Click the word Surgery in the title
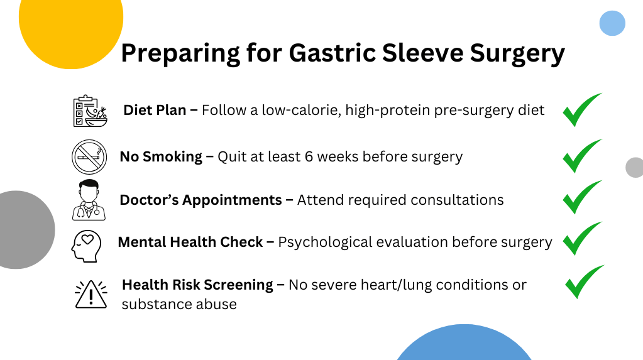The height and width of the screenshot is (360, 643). pos(517,54)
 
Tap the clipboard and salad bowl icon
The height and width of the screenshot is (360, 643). pos(91,111)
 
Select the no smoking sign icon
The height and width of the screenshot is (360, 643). pos(89,157)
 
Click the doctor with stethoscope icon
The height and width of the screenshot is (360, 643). pos(89,200)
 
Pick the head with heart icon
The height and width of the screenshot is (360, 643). pos(87,246)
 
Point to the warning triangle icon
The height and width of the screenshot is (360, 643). pos(91,294)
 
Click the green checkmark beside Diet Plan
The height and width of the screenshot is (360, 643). pos(582,110)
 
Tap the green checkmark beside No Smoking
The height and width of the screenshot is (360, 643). pos(582,156)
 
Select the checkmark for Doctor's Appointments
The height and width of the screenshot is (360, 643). pos(582,197)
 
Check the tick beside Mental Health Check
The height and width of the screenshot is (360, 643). pos(582,239)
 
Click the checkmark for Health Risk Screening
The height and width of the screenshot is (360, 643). pos(585,282)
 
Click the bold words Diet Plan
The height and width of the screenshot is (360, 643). pos(155,110)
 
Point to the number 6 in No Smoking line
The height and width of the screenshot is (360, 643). pos(309,156)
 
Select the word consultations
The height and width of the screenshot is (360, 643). pos(457,200)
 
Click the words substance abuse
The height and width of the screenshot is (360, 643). pos(179,304)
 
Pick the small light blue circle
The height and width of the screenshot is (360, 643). pos(612,23)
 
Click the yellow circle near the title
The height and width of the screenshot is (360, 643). pos(71,25)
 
